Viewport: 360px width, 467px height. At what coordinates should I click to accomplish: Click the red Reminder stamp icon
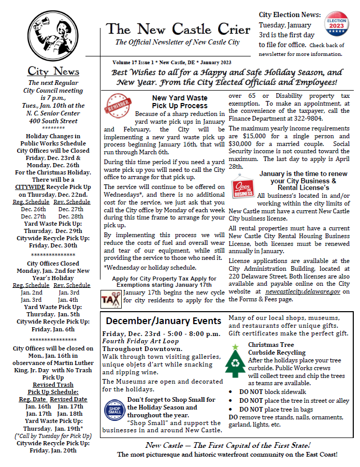pyautogui.click(x=117, y=104)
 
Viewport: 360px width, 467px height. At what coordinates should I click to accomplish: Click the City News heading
pyautogui.click(x=53, y=71)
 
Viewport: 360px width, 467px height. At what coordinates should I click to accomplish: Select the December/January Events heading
pyautogui.click(x=163, y=320)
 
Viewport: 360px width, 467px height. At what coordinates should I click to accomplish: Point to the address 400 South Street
pyautogui.click(x=53, y=121)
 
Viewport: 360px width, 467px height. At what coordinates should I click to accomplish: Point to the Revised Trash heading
pyautogui.click(x=53, y=385)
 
